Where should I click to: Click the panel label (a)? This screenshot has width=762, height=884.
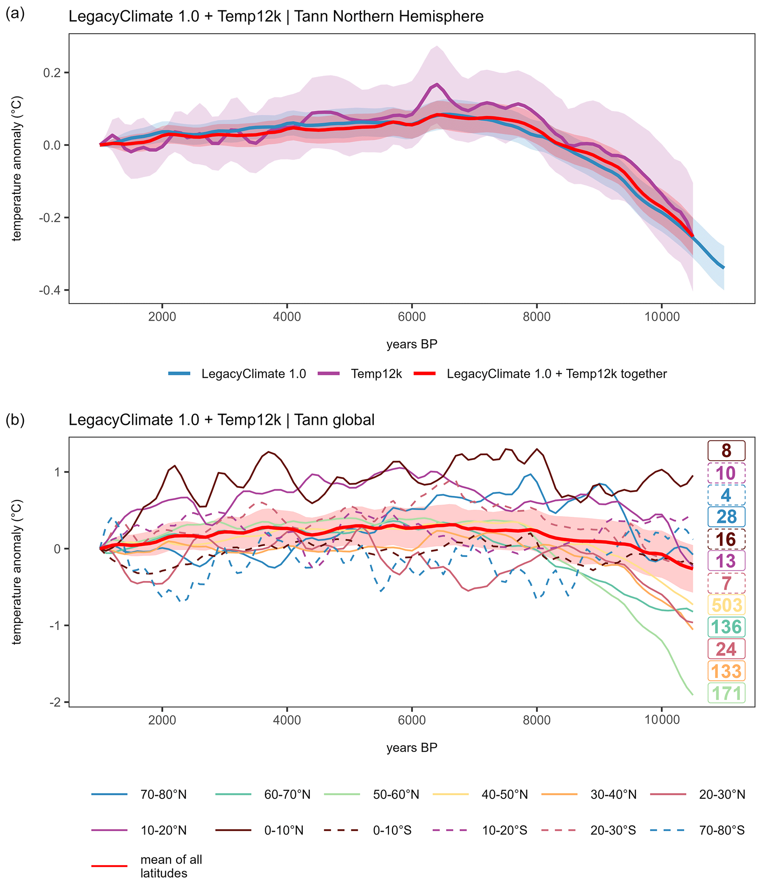pos(15,14)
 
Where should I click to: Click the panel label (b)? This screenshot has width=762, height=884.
pos(15,420)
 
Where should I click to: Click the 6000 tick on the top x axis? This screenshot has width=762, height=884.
pos(412,317)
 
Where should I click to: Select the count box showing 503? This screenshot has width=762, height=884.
pos(727,605)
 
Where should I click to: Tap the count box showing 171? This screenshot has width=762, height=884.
pos(727,693)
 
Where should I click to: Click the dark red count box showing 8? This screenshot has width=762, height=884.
pos(727,450)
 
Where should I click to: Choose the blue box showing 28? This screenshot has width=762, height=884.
pos(727,517)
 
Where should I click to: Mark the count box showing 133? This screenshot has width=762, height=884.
pos(727,671)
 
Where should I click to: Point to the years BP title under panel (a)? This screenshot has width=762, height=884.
pos(412,344)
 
